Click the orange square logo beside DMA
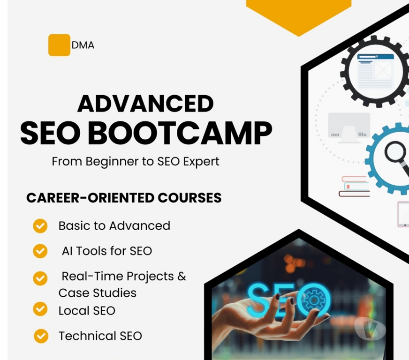(x=59, y=45)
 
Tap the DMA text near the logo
(x=83, y=45)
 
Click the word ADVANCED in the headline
(x=145, y=104)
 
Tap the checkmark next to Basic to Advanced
(x=40, y=226)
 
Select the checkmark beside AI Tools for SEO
(x=40, y=251)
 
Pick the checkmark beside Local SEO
(x=40, y=309)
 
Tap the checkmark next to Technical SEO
(x=41, y=336)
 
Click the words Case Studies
(x=98, y=293)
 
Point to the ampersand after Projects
(x=182, y=277)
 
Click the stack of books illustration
(x=355, y=187)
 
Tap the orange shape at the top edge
(x=299, y=15)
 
